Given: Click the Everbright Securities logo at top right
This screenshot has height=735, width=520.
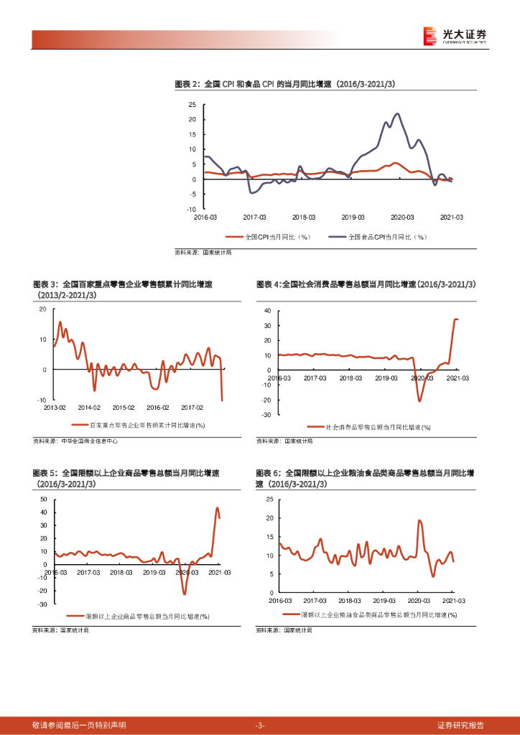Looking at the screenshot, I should (455, 35).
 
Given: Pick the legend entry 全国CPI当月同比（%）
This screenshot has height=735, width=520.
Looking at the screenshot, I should (269, 236).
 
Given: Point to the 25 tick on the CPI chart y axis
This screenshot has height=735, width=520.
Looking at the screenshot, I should (192, 104).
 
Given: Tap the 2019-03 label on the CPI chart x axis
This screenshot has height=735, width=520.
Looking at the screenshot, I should (353, 216).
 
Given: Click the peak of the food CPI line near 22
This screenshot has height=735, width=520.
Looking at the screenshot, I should (397, 113).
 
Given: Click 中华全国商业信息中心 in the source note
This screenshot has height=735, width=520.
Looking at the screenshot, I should (90, 441).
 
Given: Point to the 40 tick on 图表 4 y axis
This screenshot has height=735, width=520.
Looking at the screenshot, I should (267, 311).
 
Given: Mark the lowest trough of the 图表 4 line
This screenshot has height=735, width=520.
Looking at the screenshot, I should (419, 401).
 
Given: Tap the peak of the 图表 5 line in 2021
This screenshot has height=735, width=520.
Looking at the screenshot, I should (218, 508).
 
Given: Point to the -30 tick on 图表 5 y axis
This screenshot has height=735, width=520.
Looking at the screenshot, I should (42, 604).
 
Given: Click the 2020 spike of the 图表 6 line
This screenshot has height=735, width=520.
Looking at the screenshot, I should (419, 520).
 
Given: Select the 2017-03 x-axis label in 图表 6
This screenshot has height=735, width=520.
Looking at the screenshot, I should (315, 600).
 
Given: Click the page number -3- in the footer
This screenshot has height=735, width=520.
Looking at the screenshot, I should (260, 725).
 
